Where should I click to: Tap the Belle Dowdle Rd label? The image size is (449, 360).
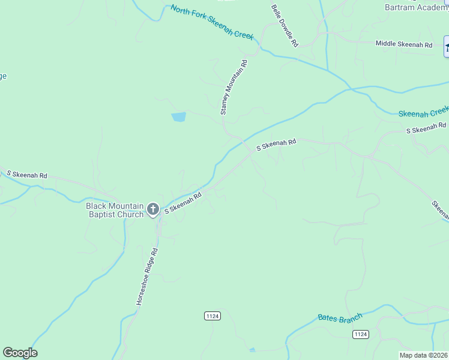pyautogui.click(x=285, y=26)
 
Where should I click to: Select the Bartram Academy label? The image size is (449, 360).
pyautogui.click(x=417, y=7)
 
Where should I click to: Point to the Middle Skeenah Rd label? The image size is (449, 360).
pyautogui.click(x=404, y=44)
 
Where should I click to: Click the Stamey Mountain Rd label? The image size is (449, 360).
pyautogui.click(x=234, y=87)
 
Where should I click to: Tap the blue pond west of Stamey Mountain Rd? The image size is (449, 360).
pyautogui.click(x=178, y=117)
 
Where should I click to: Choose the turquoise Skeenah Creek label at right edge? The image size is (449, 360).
pyautogui.click(x=424, y=111)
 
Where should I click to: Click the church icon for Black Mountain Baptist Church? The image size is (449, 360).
pyautogui.click(x=153, y=209)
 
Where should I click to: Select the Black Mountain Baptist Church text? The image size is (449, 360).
pyautogui.click(x=115, y=210)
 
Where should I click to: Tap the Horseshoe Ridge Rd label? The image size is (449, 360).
pyautogui.click(x=146, y=277)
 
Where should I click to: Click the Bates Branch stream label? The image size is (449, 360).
pyautogui.click(x=340, y=317)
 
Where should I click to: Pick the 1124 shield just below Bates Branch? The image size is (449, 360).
pyautogui.click(x=360, y=334)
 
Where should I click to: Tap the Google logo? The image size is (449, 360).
pyautogui.click(x=20, y=353)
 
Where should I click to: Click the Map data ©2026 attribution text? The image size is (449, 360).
pyautogui.click(x=424, y=355)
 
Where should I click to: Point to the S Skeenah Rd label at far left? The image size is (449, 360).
pyautogui.click(x=27, y=175)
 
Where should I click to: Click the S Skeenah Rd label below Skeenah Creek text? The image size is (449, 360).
pyautogui.click(x=426, y=128)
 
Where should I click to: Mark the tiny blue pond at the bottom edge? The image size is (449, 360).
pyautogui.click(x=252, y=350)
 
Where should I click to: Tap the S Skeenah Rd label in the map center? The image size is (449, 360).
pyautogui.click(x=277, y=144)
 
